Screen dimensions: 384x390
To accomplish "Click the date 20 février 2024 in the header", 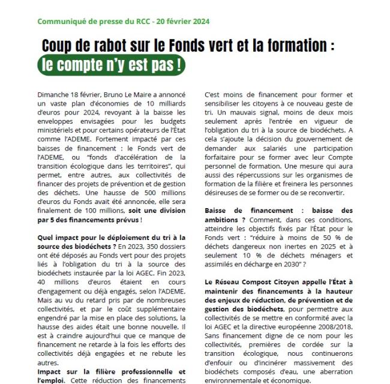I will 183,22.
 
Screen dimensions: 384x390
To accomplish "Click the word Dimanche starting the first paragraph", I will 55,94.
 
